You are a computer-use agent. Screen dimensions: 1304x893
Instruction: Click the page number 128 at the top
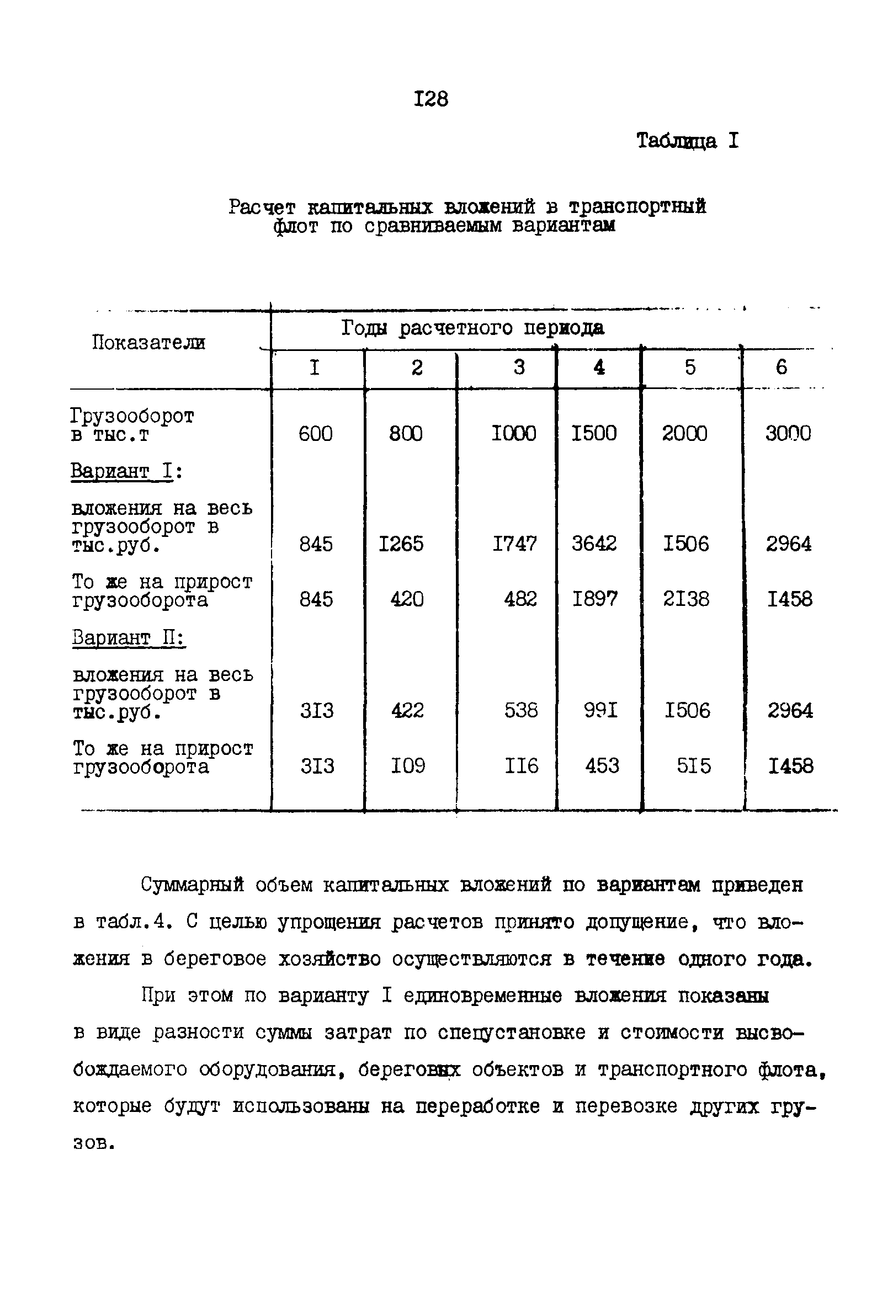(x=431, y=99)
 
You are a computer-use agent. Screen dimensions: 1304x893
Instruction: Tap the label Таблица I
(x=687, y=140)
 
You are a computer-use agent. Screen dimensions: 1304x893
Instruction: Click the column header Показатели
(x=148, y=342)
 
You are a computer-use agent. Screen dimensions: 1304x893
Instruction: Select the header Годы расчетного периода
(x=472, y=328)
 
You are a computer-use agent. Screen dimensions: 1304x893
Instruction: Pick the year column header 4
(x=599, y=368)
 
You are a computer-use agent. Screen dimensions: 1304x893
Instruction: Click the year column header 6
(x=781, y=368)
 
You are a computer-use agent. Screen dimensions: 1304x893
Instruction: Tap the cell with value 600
(x=316, y=433)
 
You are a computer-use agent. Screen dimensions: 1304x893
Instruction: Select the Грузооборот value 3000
(x=788, y=433)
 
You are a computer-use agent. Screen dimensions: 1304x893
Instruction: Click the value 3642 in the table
(x=594, y=543)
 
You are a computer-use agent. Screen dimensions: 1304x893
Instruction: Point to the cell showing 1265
(x=401, y=544)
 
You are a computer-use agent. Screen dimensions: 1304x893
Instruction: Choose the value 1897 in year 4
(x=594, y=599)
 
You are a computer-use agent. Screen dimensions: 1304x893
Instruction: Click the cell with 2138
(x=686, y=599)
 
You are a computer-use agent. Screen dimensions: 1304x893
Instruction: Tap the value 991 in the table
(x=600, y=710)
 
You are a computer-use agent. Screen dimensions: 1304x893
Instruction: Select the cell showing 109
(x=408, y=765)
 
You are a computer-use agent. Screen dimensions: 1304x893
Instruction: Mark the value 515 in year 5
(x=694, y=765)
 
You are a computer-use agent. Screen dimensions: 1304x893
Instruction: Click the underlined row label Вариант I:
(x=126, y=471)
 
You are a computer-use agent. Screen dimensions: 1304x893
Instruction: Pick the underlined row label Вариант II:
(x=129, y=638)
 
